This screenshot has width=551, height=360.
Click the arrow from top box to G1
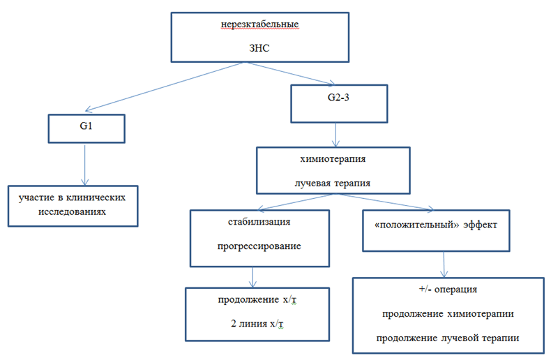pos(164,87)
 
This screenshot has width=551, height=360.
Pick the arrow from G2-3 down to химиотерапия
pos(338,134)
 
